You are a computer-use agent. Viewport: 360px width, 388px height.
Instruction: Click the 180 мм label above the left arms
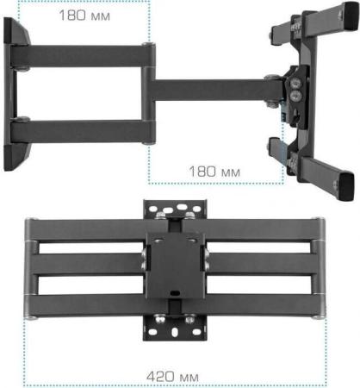click(x=84, y=16)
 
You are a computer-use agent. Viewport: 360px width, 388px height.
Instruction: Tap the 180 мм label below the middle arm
click(x=214, y=172)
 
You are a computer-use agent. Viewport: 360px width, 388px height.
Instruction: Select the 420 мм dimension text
click(x=172, y=377)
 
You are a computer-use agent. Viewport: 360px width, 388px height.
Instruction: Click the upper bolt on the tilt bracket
click(x=295, y=84)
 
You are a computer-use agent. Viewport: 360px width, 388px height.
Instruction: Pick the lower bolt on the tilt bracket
click(x=295, y=96)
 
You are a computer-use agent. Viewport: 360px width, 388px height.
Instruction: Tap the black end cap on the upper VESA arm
click(x=351, y=16)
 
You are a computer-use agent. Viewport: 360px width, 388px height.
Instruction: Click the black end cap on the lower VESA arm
click(x=347, y=187)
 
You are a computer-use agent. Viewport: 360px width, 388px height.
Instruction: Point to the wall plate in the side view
click(x=16, y=94)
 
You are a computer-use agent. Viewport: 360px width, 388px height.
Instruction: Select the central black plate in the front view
click(x=176, y=266)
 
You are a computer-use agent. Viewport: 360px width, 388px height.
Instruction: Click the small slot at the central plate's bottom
click(x=175, y=293)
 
